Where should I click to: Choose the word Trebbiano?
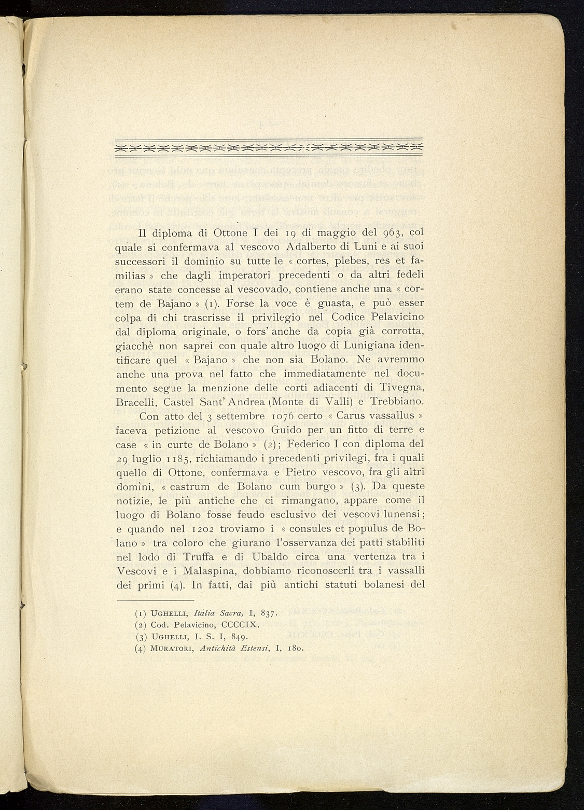point(398,402)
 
